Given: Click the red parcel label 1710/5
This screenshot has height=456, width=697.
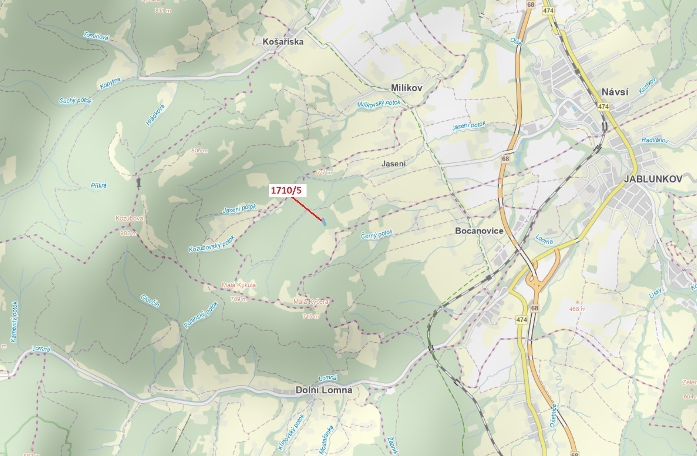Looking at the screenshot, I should point(287,191).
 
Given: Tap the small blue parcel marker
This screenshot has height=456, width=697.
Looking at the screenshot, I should point(324,222).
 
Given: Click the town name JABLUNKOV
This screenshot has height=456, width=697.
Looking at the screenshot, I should point(653,179).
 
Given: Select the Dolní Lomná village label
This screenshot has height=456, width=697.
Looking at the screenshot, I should point(324,390).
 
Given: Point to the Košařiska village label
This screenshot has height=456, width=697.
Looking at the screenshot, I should point(283,42).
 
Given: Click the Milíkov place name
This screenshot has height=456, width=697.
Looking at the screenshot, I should point(406,88).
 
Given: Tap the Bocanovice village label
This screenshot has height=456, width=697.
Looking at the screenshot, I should point(479,231).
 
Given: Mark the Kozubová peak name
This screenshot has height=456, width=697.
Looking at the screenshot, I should point(129,218).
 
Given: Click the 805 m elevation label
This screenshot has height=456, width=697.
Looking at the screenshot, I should point(199,151).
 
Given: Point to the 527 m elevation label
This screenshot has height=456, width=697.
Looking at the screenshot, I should point(324,173).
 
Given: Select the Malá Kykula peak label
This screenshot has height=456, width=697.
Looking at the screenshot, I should point(239,285).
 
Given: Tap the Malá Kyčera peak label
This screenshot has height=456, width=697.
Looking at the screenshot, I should point(311,302).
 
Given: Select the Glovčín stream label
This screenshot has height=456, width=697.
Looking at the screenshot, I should point(150,301).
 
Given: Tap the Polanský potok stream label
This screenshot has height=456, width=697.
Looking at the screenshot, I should point(200,315).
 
